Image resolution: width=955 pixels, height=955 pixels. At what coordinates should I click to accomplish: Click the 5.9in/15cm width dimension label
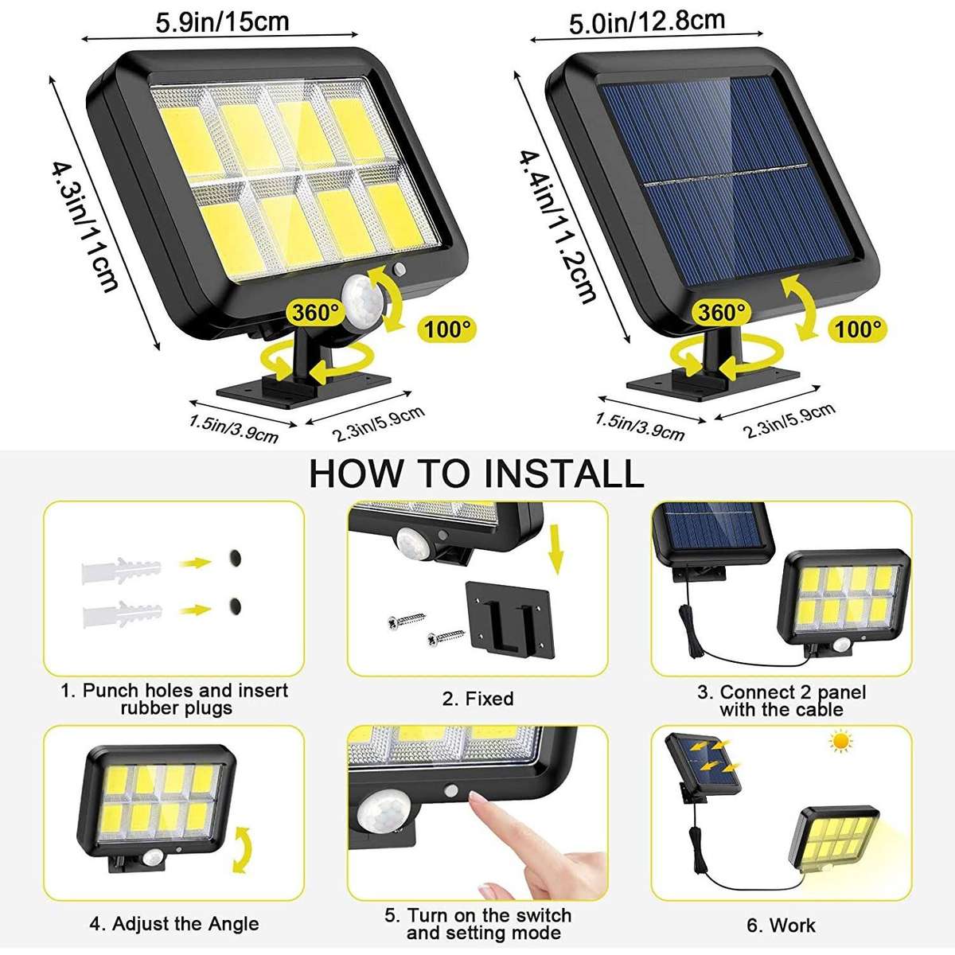[x=222, y=21]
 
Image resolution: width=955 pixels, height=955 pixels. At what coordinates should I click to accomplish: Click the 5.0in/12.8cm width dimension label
[x=646, y=21]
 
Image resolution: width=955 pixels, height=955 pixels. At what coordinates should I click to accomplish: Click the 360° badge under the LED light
[x=316, y=312]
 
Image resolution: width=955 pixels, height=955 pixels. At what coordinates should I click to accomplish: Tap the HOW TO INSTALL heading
[x=476, y=474]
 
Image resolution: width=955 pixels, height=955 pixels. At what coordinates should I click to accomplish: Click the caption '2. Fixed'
[x=477, y=699]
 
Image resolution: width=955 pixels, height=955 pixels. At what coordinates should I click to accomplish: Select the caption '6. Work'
[x=781, y=926]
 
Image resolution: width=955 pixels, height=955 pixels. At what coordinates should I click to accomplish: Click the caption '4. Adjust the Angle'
[x=173, y=924]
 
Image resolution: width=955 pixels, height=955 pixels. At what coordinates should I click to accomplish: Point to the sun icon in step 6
[x=840, y=743]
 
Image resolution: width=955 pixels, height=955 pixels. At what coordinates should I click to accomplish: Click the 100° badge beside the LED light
[x=447, y=328]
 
